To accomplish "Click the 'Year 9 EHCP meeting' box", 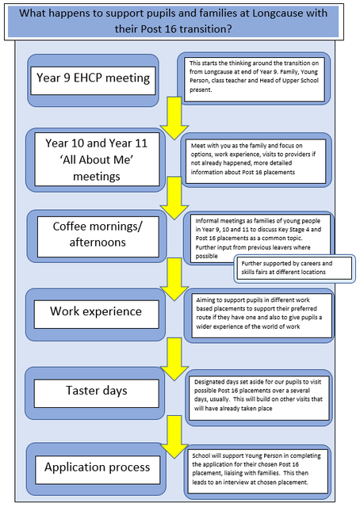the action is point(93,81).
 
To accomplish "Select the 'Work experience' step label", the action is point(96,311).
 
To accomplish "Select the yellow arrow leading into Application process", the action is point(174,437).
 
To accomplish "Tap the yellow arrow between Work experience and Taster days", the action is point(174,359).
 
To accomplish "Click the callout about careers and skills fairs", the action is point(294,269).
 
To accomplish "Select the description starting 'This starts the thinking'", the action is point(254,79).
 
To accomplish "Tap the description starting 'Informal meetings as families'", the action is point(258,238).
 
